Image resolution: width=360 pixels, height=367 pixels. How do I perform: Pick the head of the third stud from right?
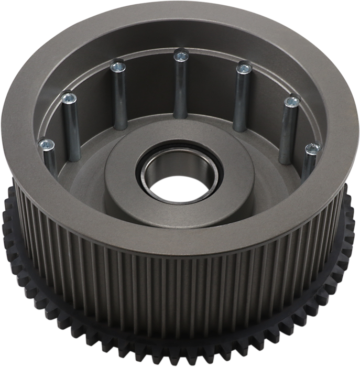[242, 67]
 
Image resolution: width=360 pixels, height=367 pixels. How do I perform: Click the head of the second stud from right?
[290, 102]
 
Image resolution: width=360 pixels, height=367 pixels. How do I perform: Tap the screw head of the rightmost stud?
[312, 148]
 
